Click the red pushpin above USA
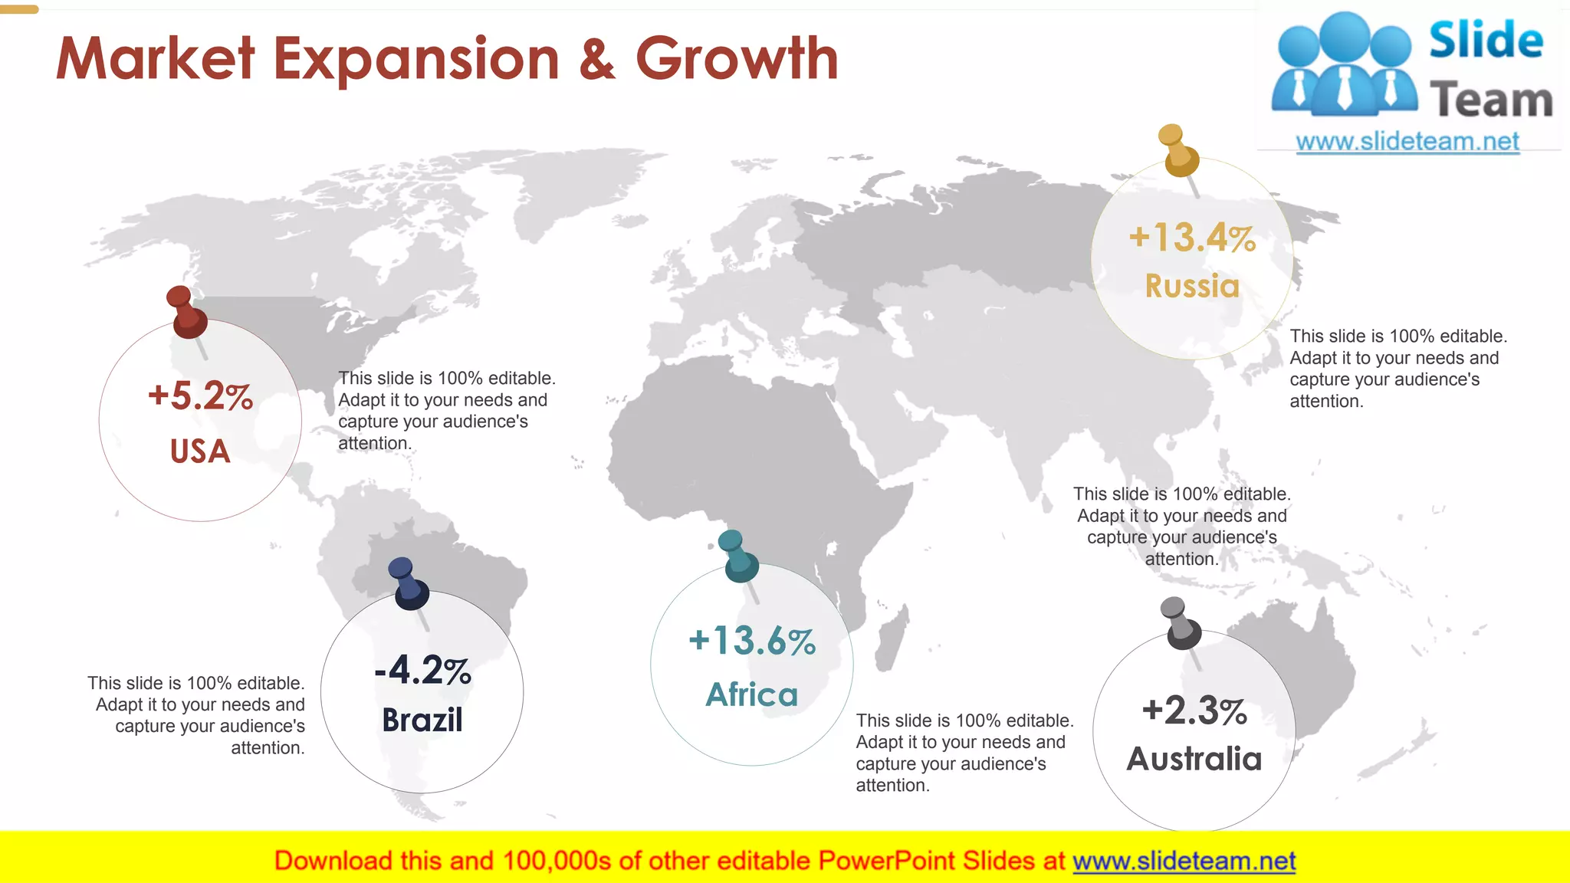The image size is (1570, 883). click(x=186, y=313)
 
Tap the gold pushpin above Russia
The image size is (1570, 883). click(x=1178, y=152)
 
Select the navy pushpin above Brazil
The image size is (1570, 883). click(x=408, y=585)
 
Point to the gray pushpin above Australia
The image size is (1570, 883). click(x=1181, y=624)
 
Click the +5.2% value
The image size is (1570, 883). click(x=200, y=396)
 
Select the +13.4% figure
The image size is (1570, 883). click(x=1192, y=238)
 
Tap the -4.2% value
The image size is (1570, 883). click(x=422, y=671)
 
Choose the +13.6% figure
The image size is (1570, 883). click(x=752, y=641)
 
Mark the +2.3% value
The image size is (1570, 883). click(x=1194, y=711)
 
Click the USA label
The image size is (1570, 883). click(x=200, y=451)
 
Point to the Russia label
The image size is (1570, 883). click(x=1192, y=286)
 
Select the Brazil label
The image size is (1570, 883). click(x=422, y=721)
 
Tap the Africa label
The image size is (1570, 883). click(x=752, y=695)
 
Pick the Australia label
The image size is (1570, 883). click(x=1194, y=760)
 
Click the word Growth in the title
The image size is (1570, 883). click(x=737, y=59)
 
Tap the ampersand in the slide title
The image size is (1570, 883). click(x=597, y=61)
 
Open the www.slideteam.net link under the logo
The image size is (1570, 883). click(x=1407, y=142)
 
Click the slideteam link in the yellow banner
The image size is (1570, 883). click(x=1184, y=862)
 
